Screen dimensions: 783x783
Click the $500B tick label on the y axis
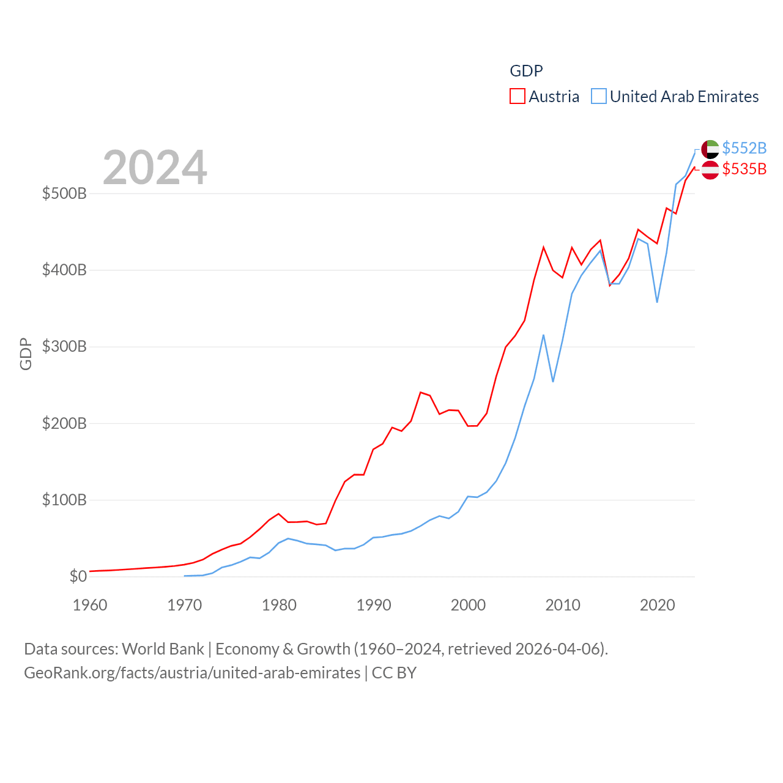[64, 194]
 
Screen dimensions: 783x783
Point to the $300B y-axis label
[64, 347]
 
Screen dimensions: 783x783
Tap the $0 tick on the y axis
[78, 576]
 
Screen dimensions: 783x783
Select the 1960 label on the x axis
[90, 605]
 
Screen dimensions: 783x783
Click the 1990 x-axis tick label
[374, 605]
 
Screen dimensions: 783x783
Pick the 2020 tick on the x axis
[658, 605]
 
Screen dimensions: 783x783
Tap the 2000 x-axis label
[469, 605]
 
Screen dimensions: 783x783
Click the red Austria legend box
[518, 97]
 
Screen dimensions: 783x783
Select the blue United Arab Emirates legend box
[599, 97]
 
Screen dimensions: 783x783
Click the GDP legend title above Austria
[526, 71]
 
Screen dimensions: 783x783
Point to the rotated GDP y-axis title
[26, 354]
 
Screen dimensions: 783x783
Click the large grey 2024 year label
[155, 168]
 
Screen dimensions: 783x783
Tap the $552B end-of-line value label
[744, 148]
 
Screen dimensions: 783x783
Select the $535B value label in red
[744, 169]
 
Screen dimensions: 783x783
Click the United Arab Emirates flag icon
[710, 149]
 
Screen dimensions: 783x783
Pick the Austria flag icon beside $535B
[710, 170]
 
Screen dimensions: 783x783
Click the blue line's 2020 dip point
[657, 302]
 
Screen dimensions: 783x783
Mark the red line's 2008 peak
[543, 247]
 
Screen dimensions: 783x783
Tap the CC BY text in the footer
[394, 673]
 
